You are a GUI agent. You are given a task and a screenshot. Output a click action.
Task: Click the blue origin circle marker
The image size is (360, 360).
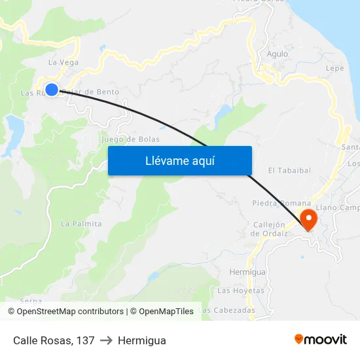(x=52, y=90)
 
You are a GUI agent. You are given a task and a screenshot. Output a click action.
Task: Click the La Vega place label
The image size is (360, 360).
(x=63, y=63)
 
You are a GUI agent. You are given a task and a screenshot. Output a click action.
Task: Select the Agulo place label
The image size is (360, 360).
(x=278, y=54)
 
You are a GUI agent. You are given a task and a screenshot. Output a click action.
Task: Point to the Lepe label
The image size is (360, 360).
(x=334, y=68)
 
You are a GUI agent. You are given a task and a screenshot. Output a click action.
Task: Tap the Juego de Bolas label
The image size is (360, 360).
(x=131, y=139)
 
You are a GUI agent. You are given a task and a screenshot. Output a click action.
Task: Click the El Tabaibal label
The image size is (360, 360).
(x=289, y=170)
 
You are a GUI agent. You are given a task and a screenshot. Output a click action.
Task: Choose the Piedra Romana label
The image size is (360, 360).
(x=280, y=204)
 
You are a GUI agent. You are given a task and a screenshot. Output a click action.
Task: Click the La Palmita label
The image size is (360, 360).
(x=81, y=224)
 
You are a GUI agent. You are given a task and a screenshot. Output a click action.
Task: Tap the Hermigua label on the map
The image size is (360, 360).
(x=247, y=272)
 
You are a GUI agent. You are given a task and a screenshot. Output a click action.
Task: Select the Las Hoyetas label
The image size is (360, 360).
(x=241, y=291)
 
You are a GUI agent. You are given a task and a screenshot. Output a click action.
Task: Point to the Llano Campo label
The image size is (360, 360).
(x=338, y=208)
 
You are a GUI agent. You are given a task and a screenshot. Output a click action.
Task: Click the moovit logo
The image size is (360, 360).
(x=321, y=340)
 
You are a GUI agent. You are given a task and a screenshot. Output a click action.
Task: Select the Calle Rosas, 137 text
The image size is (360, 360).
(x=54, y=340)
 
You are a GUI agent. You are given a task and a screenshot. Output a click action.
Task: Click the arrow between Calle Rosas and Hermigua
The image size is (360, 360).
(x=106, y=340)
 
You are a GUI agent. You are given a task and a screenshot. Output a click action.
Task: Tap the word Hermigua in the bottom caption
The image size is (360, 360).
(x=142, y=340)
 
